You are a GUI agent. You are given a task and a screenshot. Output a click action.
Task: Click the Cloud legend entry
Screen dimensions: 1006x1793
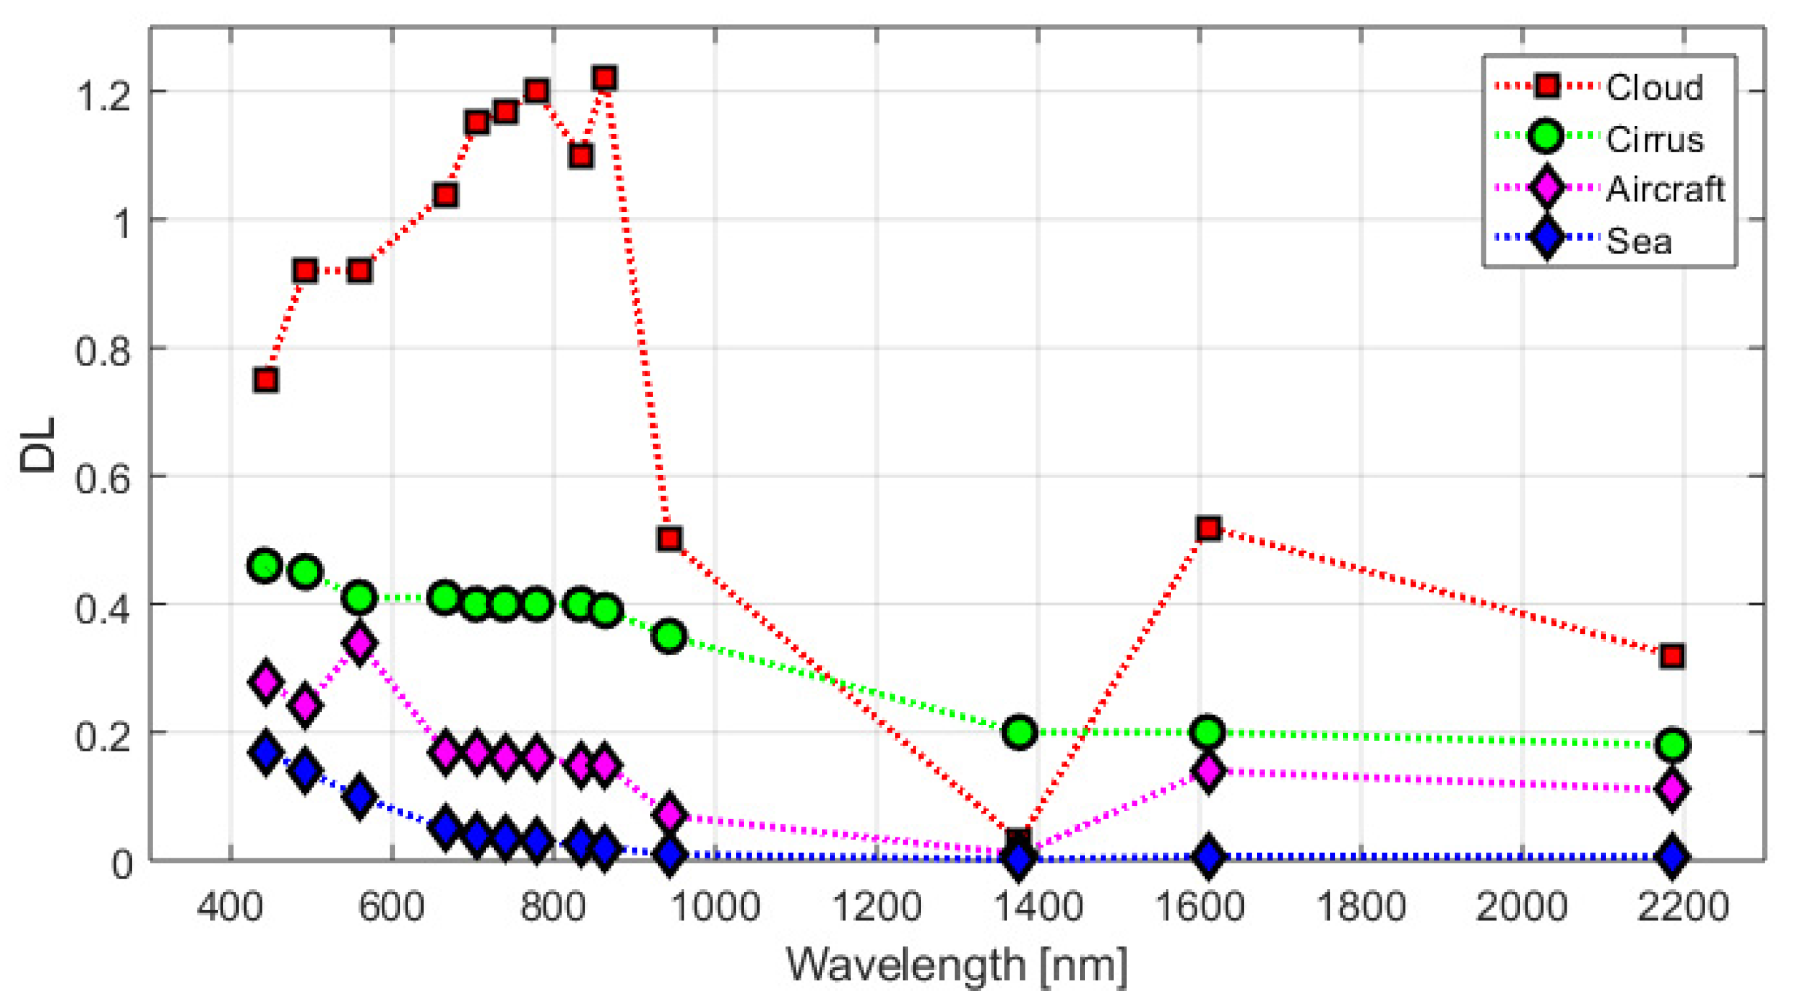tap(1654, 88)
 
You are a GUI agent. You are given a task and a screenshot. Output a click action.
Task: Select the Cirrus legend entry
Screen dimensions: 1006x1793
tap(1654, 139)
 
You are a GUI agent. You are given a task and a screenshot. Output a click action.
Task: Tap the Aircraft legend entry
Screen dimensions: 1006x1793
tap(1665, 190)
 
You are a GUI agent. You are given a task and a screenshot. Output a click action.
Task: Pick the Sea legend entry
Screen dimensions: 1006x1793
tap(1638, 241)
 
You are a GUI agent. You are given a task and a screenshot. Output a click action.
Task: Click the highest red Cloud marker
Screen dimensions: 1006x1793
tap(604, 78)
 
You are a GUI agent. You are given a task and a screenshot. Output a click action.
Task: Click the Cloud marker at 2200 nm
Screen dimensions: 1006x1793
tap(1672, 656)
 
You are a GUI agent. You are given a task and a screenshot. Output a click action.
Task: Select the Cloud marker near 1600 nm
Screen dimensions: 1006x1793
tap(1209, 529)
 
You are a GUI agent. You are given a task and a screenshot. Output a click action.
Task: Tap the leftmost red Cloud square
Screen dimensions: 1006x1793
tap(266, 380)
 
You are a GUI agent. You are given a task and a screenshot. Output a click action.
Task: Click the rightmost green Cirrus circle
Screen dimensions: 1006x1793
tap(1672, 745)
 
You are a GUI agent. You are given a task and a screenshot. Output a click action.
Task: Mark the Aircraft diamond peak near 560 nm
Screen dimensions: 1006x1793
tap(359, 644)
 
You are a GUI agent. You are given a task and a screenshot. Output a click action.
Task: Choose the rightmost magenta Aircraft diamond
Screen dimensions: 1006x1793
tap(1672, 789)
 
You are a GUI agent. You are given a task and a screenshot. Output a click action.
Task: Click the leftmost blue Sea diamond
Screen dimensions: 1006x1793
tap(265, 752)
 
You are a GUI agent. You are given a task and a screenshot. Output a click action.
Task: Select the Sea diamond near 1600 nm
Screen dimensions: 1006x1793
tap(1209, 856)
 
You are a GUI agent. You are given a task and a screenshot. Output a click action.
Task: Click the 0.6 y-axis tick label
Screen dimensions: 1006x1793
tap(103, 478)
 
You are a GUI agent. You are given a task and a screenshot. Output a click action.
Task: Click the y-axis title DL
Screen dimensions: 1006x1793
tap(37, 446)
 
